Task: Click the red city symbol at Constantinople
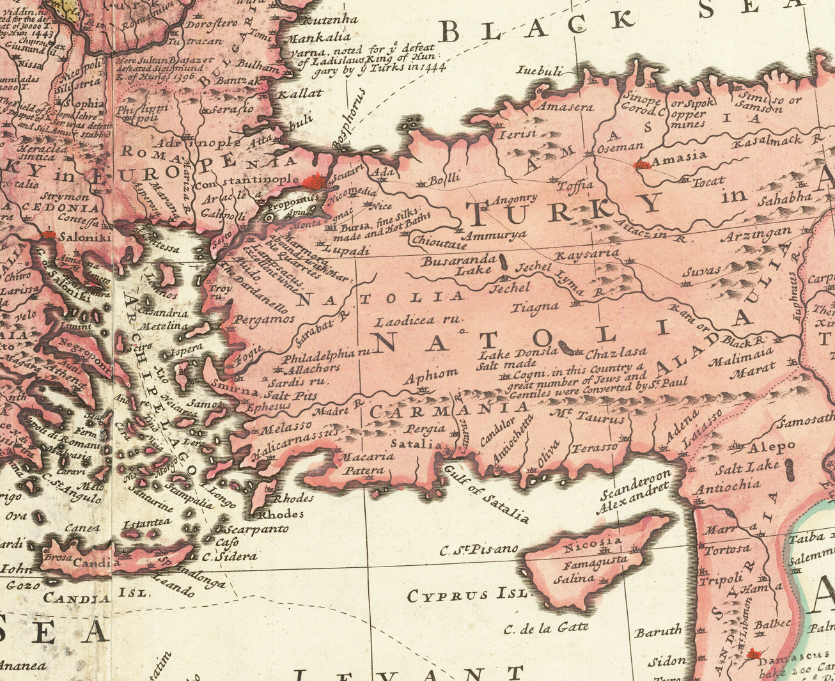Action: pyautogui.click(x=314, y=182)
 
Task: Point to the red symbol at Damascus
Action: pyautogui.click(x=754, y=654)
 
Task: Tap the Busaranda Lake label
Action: pyautogui.click(x=459, y=265)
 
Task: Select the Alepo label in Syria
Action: pyautogui.click(x=772, y=447)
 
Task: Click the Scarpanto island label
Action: pyautogui.click(x=256, y=529)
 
